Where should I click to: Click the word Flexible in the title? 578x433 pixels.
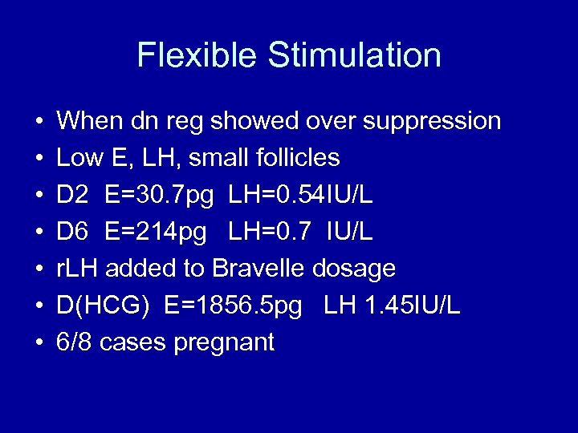pyautogui.click(x=197, y=56)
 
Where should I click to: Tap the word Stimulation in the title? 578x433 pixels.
pyautogui.click(x=354, y=56)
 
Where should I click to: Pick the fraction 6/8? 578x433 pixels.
pyautogui.click(x=73, y=342)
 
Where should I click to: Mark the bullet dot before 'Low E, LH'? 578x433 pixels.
pyautogui.click(x=39, y=159)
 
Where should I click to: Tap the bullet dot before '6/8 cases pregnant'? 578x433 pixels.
pyautogui.click(x=39, y=343)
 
